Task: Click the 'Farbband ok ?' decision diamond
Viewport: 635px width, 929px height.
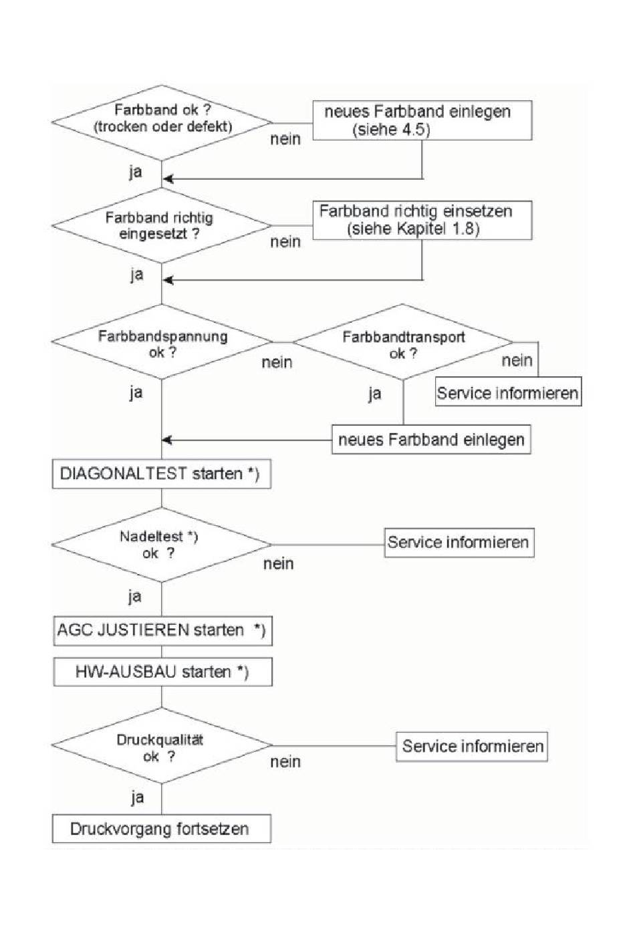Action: coord(162,123)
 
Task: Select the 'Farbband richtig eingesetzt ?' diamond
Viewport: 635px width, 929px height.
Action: coord(162,226)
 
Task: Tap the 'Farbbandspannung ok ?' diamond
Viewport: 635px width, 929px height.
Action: coord(162,342)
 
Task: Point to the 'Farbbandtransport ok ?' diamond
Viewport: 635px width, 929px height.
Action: coord(403,342)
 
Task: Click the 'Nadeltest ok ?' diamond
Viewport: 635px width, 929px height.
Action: coord(162,545)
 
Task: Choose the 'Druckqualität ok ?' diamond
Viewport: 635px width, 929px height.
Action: coord(162,745)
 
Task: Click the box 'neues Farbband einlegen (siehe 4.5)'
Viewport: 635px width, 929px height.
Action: coord(422,120)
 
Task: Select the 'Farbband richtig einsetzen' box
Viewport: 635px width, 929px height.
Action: coord(422,221)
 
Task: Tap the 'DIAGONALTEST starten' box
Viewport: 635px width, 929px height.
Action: coord(162,474)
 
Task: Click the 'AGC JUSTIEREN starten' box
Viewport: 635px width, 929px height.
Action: coord(163,631)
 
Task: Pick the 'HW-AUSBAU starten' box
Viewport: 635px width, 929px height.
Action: coord(163,672)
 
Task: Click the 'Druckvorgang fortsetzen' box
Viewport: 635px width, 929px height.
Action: coord(162,829)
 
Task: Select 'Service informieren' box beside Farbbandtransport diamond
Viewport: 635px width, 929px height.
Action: coord(508,392)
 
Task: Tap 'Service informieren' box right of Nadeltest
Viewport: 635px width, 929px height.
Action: coord(459,543)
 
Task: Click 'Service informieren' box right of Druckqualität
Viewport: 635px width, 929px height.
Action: coord(472,747)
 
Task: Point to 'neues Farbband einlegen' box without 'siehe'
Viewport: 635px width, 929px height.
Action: coord(431,439)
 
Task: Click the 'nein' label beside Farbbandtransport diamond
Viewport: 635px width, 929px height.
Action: coord(517,360)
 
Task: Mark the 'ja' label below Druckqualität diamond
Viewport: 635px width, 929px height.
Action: coord(137,797)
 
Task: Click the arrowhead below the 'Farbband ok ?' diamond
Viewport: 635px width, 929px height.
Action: coord(168,179)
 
